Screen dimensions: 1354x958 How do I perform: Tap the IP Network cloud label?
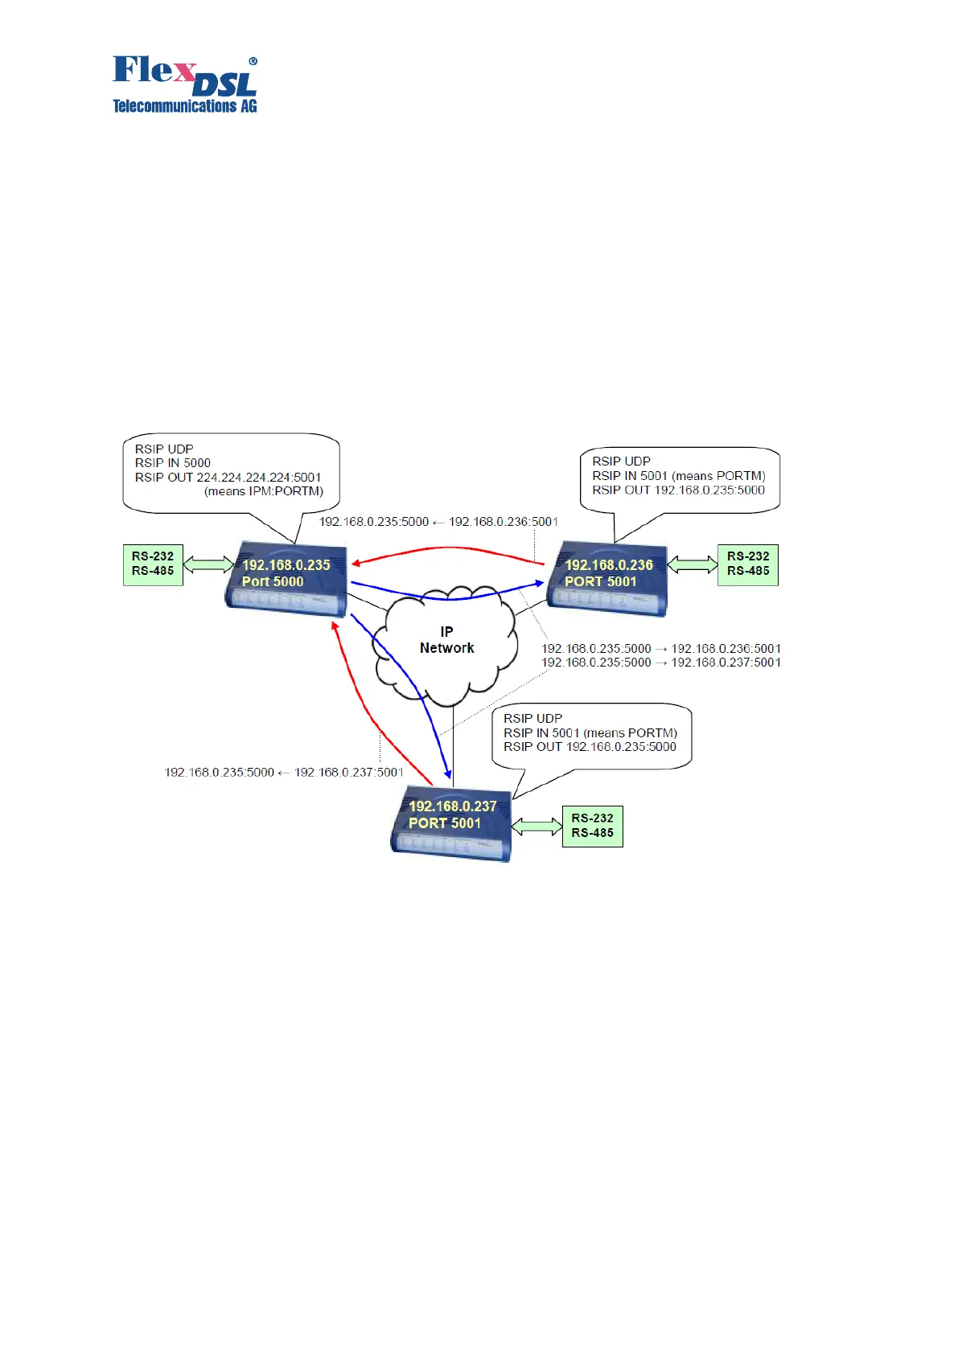tap(446, 640)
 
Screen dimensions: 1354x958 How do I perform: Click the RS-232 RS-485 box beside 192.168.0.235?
tap(153, 564)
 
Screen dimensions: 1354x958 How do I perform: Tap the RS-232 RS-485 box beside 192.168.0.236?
tap(748, 564)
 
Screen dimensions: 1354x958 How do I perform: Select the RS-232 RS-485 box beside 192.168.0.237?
tap(593, 826)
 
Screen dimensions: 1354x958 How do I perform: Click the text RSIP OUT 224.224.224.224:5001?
tap(228, 478)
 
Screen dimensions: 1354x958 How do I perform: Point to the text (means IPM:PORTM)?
tap(264, 491)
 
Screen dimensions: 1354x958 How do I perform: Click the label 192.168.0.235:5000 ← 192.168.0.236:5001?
tap(438, 522)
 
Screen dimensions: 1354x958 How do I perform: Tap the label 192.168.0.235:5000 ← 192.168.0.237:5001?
tap(284, 773)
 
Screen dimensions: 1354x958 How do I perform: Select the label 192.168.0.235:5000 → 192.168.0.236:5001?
tap(660, 649)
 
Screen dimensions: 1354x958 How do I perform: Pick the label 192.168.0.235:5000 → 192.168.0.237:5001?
tap(660, 663)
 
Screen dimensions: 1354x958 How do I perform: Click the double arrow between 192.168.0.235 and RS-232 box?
tap(208, 564)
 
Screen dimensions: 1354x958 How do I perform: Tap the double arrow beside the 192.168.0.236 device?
tap(693, 564)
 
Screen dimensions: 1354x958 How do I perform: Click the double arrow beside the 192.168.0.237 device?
tap(537, 826)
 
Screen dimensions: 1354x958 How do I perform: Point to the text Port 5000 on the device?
tap(273, 582)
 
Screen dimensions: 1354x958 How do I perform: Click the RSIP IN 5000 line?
tap(173, 463)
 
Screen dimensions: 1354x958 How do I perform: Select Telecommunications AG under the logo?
tap(184, 106)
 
